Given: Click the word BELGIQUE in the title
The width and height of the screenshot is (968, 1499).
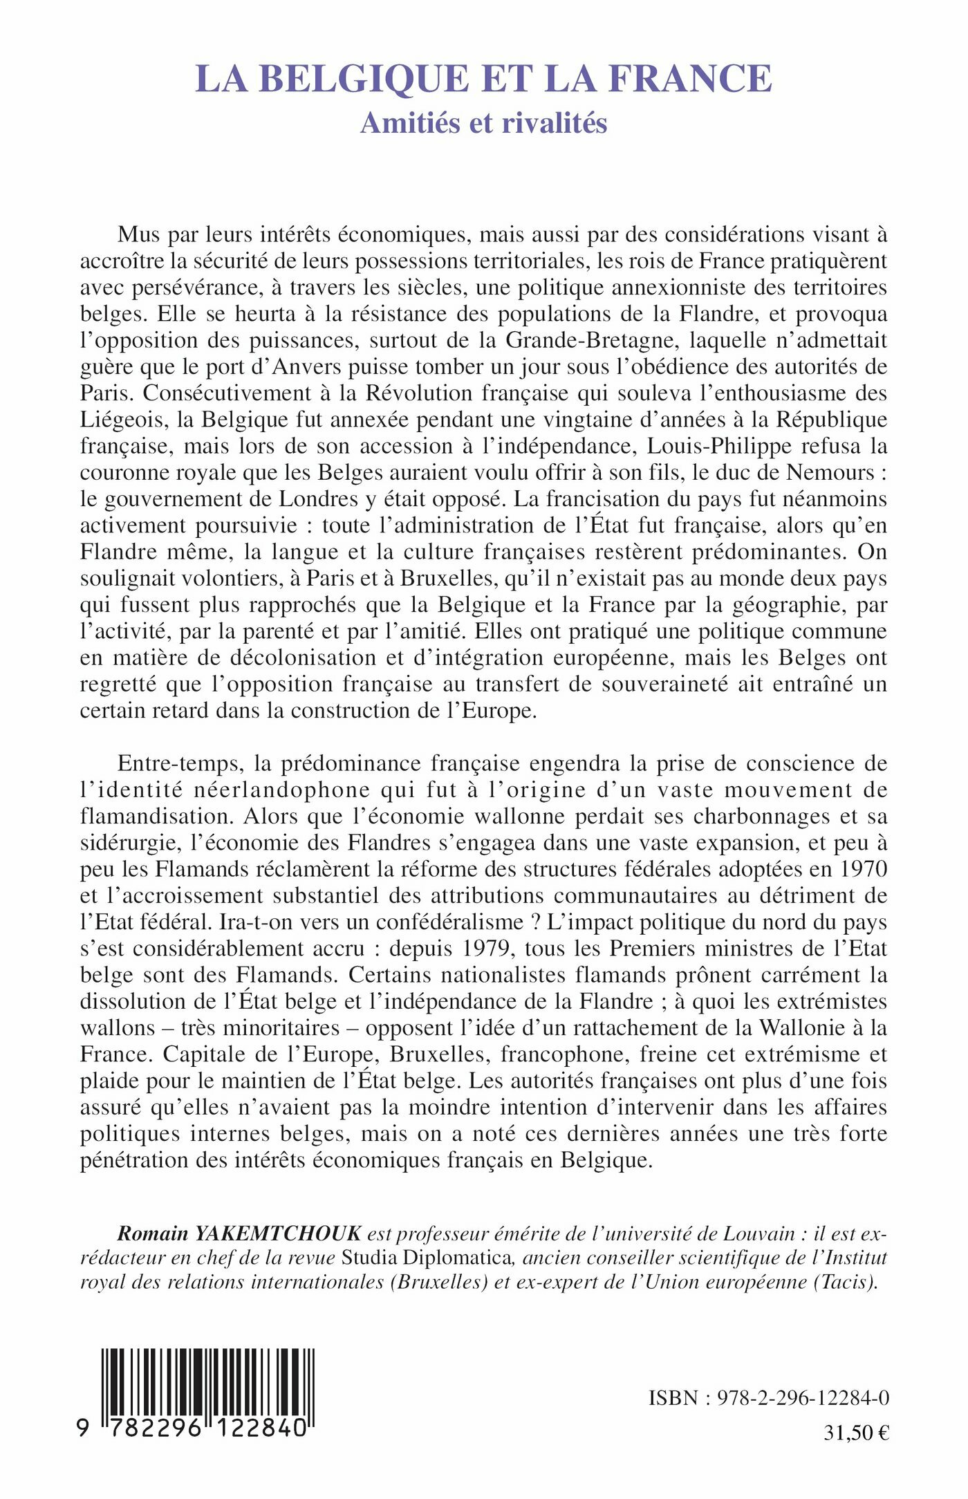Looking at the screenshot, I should (366, 78).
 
